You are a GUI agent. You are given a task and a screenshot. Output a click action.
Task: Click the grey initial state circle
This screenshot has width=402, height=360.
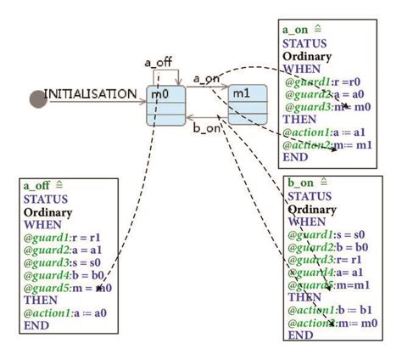(37, 99)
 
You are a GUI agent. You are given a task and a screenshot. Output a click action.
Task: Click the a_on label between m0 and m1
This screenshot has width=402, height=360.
(207, 79)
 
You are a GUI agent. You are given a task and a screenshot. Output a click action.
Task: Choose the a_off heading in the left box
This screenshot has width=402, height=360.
(37, 186)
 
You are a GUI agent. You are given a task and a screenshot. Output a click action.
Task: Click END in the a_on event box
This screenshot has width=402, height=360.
(294, 157)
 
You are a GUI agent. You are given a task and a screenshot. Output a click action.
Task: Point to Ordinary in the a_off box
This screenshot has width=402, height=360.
(48, 211)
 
